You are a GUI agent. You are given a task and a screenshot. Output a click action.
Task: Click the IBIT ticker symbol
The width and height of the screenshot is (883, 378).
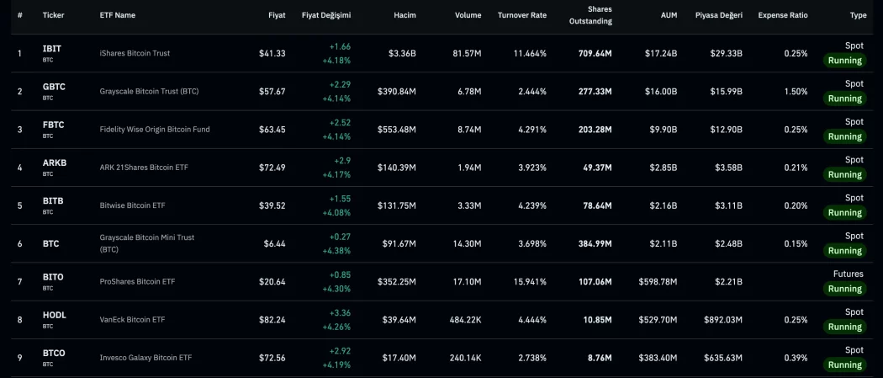(52, 49)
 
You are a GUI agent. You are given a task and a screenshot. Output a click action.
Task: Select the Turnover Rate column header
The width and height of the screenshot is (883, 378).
(521, 15)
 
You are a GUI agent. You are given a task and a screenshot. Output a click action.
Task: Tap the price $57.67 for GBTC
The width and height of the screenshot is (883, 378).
(272, 91)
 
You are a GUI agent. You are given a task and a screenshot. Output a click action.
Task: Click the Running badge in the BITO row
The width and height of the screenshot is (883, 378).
(844, 289)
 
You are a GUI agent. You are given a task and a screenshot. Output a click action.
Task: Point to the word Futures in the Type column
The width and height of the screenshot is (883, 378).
(848, 274)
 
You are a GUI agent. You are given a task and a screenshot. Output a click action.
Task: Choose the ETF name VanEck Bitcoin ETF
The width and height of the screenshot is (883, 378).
(132, 319)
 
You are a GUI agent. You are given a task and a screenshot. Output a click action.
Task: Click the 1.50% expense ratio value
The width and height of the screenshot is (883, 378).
(796, 91)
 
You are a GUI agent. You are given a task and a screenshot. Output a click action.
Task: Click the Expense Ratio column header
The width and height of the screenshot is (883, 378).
(782, 15)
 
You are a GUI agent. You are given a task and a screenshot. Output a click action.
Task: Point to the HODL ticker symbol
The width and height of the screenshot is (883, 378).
(54, 315)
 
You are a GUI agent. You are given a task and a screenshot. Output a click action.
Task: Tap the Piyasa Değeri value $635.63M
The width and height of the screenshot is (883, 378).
(722, 358)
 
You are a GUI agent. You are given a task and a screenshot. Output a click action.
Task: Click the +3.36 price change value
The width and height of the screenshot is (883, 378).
(339, 312)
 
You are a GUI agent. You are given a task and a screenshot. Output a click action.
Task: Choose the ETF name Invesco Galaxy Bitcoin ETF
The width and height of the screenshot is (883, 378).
(145, 358)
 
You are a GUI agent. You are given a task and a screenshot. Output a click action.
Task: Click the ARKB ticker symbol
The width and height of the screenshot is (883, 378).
(54, 162)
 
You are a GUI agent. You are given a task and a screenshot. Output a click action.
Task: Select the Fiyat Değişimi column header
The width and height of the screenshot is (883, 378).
(325, 15)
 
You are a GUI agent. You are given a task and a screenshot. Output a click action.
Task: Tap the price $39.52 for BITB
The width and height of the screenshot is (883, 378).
(272, 205)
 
